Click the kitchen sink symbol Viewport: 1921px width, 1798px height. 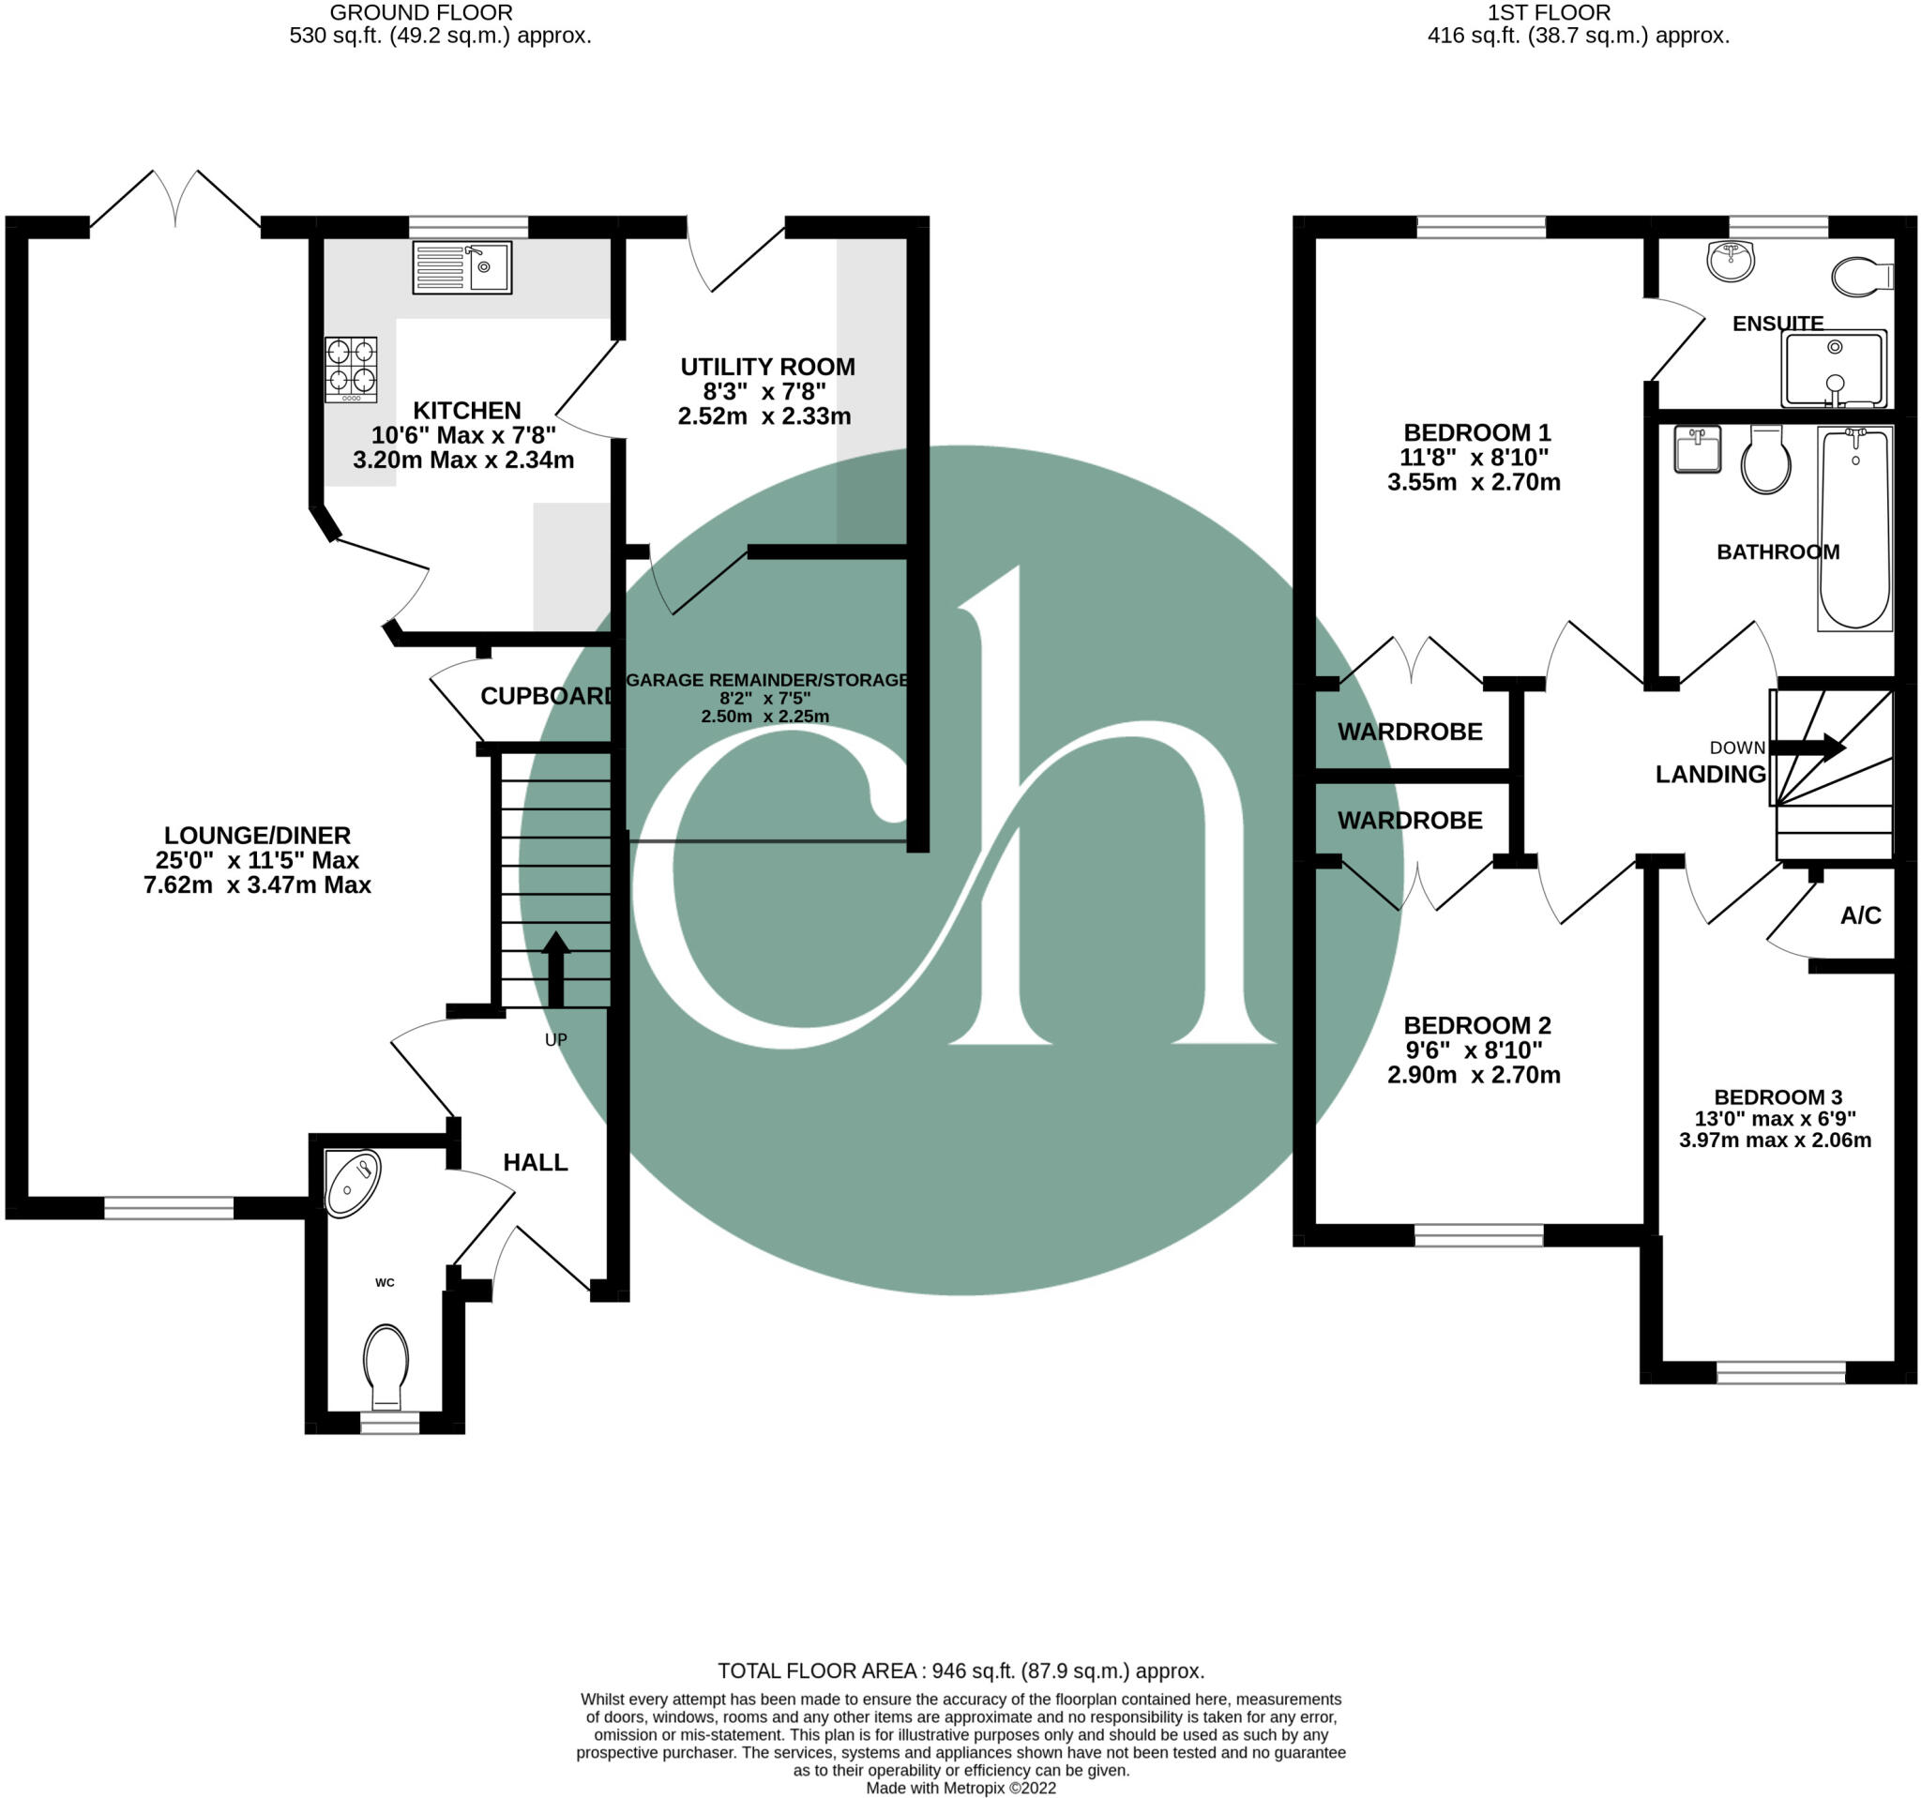pyautogui.click(x=461, y=267)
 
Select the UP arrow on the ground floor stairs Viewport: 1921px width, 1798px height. pyautogui.click(x=555, y=968)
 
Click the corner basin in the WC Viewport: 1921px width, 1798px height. pyautogui.click(x=352, y=1183)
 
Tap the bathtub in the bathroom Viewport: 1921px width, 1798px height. pyautogui.click(x=1853, y=528)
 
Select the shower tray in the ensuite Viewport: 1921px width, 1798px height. pyautogui.click(x=1833, y=369)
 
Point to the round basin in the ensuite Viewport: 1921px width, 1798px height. pyautogui.click(x=1730, y=261)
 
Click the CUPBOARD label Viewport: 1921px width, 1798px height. pyautogui.click(x=547, y=696)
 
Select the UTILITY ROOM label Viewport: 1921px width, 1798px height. pyautogui.click(x=767, y=367)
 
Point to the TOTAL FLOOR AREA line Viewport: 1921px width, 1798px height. pyautogui.click(x=960, y=1670)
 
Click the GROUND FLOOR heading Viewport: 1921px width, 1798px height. pyautogui.click(x=420, y=12)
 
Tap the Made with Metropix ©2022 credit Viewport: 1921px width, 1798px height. pyautogui.click(x=960, y=1788)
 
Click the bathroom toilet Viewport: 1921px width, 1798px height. pyautogui.click(x=1765, y=461)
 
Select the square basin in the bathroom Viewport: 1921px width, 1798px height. pyautogui.click(x=1697, y=449)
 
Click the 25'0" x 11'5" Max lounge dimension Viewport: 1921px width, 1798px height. pyautogui.click(x=257, y=860)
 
